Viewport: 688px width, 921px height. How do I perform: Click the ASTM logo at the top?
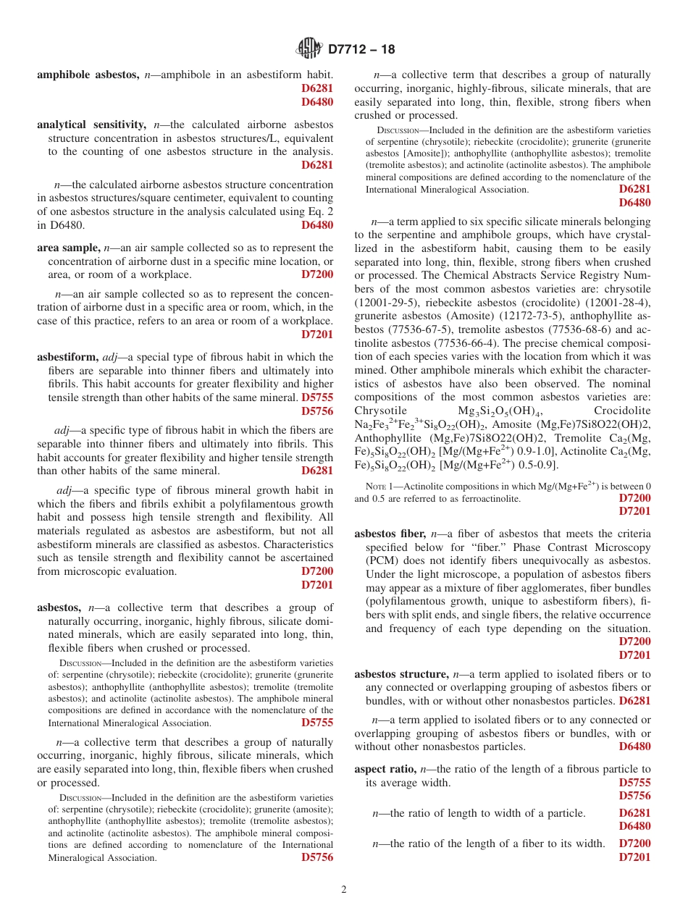click(x=310, y=49)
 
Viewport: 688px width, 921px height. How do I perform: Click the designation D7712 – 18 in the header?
click(x=361, y=50)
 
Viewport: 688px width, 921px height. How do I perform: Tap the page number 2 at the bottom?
click(x=344, y=890)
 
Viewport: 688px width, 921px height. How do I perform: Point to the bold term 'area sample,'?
click(x=69, y=248)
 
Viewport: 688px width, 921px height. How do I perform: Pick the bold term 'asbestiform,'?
click(x=68, y=357)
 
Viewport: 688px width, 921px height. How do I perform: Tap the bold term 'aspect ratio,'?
click(x=385, y=769)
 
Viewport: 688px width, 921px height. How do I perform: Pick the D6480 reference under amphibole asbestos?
click(x=317, y=102)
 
